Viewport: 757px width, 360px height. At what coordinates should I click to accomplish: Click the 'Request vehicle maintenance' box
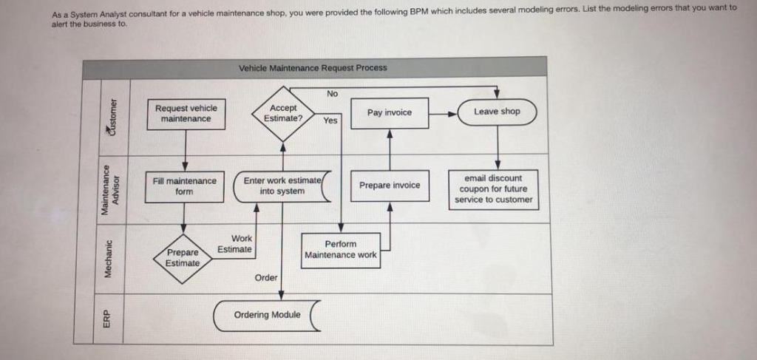pyautogui.click(x=185, y=114)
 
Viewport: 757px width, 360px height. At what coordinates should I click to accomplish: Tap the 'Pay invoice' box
pyautogui.click(x=390, y=112)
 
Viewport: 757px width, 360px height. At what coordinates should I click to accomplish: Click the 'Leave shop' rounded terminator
pyautogui.click(x=497, y=112)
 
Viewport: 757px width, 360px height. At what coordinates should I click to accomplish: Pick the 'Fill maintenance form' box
pyautogui.click(x=184, y=186)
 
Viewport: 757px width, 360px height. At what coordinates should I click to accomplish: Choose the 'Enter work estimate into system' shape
pyautogui.click(x=282, y=186)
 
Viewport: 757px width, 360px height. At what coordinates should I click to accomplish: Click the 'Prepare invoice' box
pyautogui.click(x=390, y=185)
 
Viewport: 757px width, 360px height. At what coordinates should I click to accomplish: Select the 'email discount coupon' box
pyautogui.click(x=493, y=189)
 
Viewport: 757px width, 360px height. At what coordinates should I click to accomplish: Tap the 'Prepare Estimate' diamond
pyautogui.click(x=183, y=257)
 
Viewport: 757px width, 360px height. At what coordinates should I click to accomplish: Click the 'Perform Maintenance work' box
pyautogui.click(x=341, y=250)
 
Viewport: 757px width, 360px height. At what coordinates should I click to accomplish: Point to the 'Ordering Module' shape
pyautogui.click(x=268, y=315)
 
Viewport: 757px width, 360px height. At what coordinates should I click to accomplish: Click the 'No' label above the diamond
pyautogui.click(x=333, y=94)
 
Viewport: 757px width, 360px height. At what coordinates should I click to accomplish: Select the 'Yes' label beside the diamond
pyautogui.click(x=330, y=120)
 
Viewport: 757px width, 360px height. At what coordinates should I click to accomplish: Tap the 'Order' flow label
pyautogui.click(x=266, y=278)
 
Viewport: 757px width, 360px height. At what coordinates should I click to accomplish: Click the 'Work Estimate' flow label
pyautogui.click(x=237, y=244)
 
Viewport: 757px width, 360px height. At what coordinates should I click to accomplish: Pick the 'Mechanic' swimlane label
pyautogui.click(x=109, y=259)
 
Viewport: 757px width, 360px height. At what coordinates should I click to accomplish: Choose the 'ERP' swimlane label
pyautogui.click(x=108, y=319)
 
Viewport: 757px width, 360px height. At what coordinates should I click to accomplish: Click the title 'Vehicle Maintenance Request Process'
pyautogui.click(x=313, y=68)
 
